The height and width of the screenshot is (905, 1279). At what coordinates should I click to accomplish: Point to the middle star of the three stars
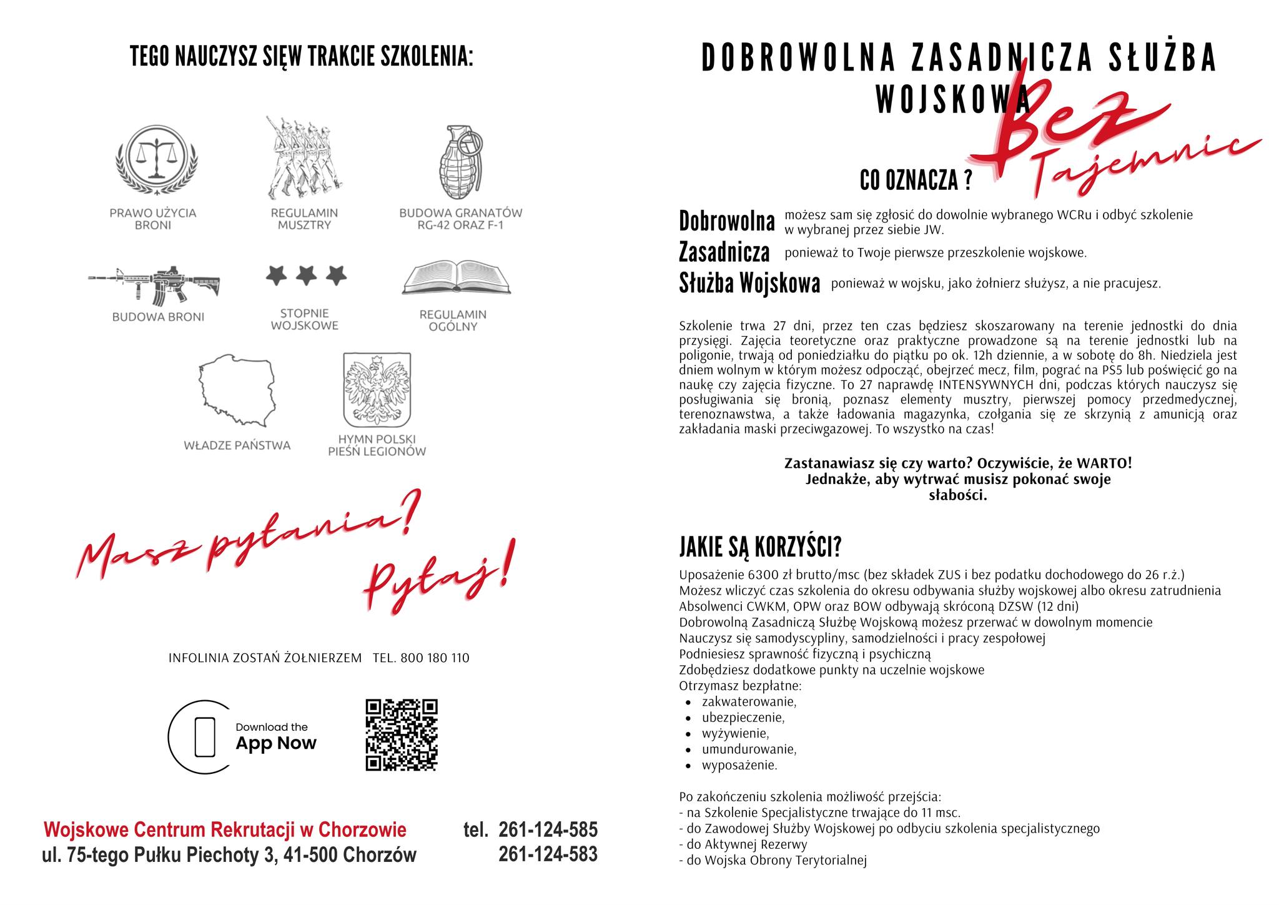[x=306, y=275]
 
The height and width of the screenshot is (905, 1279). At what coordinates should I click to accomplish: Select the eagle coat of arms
[x=377, y=390]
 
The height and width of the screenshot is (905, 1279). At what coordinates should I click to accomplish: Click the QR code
[x=402, y=734]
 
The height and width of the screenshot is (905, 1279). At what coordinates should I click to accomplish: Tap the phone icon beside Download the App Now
[x=205, y=737]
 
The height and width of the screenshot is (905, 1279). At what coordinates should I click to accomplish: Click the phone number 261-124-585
[x=548, y=829]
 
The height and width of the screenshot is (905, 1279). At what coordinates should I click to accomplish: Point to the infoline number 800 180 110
[x=435, y=658]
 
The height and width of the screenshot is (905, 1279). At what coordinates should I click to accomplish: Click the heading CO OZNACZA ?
[x=916, y=181]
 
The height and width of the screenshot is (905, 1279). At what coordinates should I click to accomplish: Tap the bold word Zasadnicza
[x=724, y=252]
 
